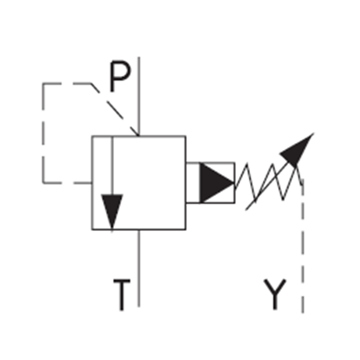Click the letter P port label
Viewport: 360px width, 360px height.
[x=120, y=76]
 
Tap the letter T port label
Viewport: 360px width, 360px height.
[x=122, y=295]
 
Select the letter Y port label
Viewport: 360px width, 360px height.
[x=275, y=294]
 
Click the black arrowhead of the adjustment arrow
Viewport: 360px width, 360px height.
[x=298, y=150]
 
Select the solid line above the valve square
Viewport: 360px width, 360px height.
[x=139, y=96]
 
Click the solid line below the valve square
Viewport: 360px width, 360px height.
[x=139, y=268]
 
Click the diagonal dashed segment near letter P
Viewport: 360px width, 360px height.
[x=115, y=110]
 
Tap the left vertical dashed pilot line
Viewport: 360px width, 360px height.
[x=43, y=133]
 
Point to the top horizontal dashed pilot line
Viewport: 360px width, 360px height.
[x=67, y=84]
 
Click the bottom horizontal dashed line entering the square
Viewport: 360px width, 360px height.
[x=68, y=183]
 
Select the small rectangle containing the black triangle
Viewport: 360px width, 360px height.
[x=210, y=183]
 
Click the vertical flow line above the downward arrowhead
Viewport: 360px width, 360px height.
[x=112, y=165]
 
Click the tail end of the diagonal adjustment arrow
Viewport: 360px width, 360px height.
[x=246, y=210]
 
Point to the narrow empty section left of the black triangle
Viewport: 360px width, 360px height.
[x=193, y=183]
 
